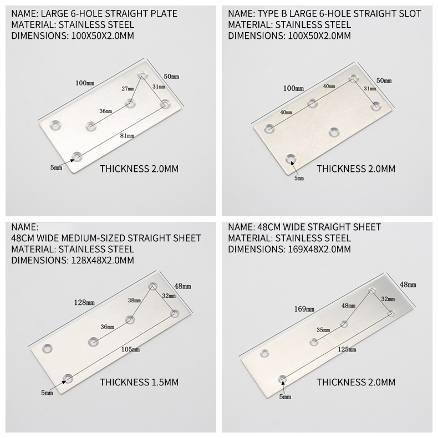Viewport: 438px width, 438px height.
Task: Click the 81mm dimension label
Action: tap(127, 136)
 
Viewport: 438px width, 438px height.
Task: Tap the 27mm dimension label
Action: tap(128, 89)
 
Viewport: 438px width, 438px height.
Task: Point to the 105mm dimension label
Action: tap(130, 349)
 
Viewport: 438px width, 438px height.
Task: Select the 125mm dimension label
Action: tap(347, 349)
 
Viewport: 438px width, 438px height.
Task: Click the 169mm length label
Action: tap(304, 309)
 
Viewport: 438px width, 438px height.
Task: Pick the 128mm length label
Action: tap(84, 302)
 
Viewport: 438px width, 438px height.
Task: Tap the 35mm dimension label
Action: tap(323, 330)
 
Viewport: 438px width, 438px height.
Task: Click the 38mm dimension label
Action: tap(134, 301)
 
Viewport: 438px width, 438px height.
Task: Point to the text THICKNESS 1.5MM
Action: tap(139, 382)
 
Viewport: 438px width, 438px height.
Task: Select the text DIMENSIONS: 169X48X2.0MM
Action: tap(289, 249)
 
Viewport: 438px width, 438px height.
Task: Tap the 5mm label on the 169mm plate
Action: tap(285, 396)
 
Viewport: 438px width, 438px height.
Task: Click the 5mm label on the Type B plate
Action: tap(299, 178)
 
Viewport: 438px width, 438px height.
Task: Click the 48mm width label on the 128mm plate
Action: tap(183, 286)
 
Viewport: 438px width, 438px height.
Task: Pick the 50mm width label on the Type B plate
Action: tap(384, 81)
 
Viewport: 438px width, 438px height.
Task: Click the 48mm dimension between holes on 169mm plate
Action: tap(348, 305)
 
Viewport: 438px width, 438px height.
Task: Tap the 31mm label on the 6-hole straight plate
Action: tap(159, 86)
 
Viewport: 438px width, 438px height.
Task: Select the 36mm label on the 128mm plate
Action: tap(107, 327)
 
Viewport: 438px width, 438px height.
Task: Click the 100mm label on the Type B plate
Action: tap(293, 89)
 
